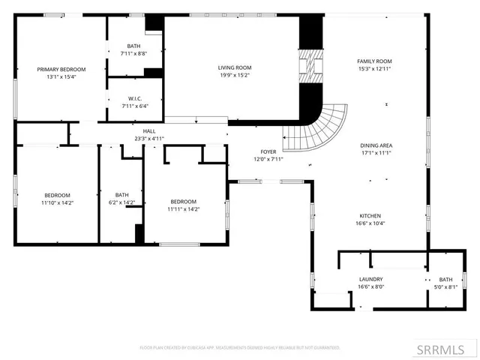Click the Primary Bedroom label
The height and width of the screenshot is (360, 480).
pos(61,69)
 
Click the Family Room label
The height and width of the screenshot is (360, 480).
pos(373,61)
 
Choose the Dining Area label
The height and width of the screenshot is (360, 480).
pos(376,145)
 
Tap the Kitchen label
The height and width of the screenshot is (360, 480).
pos(376,215)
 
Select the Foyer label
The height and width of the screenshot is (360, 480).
pos(268,151)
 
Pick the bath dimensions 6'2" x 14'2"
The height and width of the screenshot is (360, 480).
pos(121,202)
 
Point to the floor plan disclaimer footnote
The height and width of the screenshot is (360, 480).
pos(240,348)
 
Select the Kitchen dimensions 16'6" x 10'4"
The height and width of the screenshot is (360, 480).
pos(376,223)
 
